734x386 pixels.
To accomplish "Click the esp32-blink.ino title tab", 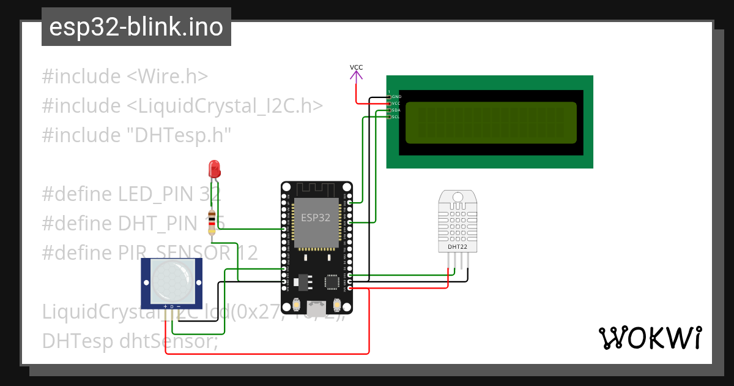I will tap(136, 28).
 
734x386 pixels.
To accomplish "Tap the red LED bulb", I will tap(214, 167).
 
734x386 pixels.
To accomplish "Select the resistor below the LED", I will tap(212, 222).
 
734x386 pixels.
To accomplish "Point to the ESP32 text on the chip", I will tap(316, 217).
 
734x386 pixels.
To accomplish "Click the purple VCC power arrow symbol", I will tap(356, 76).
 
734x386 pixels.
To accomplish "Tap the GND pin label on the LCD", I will tap(396, 96).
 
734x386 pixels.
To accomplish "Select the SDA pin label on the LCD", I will tap(396, 110).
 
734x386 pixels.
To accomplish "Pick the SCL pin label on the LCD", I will tap(396, 116).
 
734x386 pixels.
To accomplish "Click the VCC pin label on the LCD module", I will tap(396, 103).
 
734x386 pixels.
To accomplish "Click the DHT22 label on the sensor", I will tap(458, 246).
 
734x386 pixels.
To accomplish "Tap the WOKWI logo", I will tap(650, 338).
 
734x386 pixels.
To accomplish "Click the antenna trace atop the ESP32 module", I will tap(316, 189).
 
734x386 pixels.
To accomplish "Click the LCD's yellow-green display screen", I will tap(491, 122).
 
